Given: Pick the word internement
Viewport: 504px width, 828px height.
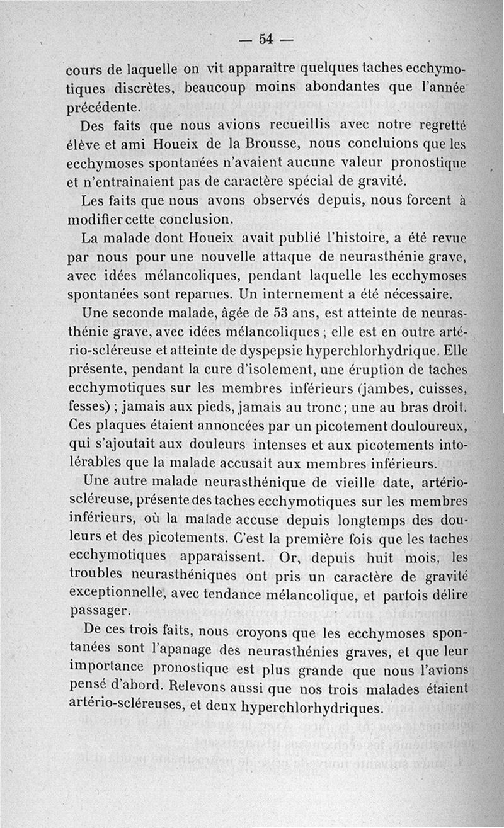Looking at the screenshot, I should point(310,294).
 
